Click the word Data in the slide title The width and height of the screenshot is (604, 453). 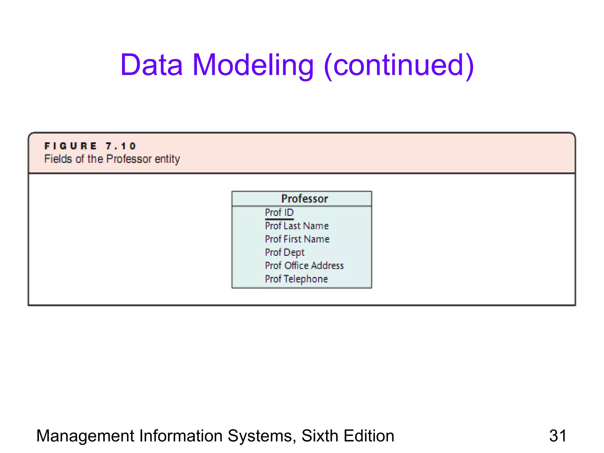click(152, 65)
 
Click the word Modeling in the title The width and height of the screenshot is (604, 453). click(253, 65)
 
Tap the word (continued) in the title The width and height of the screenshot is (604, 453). click(399, 65)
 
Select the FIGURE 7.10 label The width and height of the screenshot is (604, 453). click(90, 146)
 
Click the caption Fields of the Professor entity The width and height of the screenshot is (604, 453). click(112, 159)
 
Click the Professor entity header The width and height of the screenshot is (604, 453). click(304, 199)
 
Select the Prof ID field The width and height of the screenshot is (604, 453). click(279, 212)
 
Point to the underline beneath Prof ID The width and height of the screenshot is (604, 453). click(279, 219)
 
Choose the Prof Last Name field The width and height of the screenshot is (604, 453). click(297, 226)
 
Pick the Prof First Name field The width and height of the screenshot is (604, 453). click(297, 239)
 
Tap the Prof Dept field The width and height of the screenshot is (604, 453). click(285, 252)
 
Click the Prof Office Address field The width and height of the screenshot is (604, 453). click(304, 266)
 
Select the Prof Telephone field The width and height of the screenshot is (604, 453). click(296, 279)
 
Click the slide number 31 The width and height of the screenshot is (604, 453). click(558, 436)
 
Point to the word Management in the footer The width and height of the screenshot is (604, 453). click(85, 436)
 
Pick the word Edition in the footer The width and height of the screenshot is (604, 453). click(369, 436)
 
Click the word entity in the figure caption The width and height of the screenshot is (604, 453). click(167, 159)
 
